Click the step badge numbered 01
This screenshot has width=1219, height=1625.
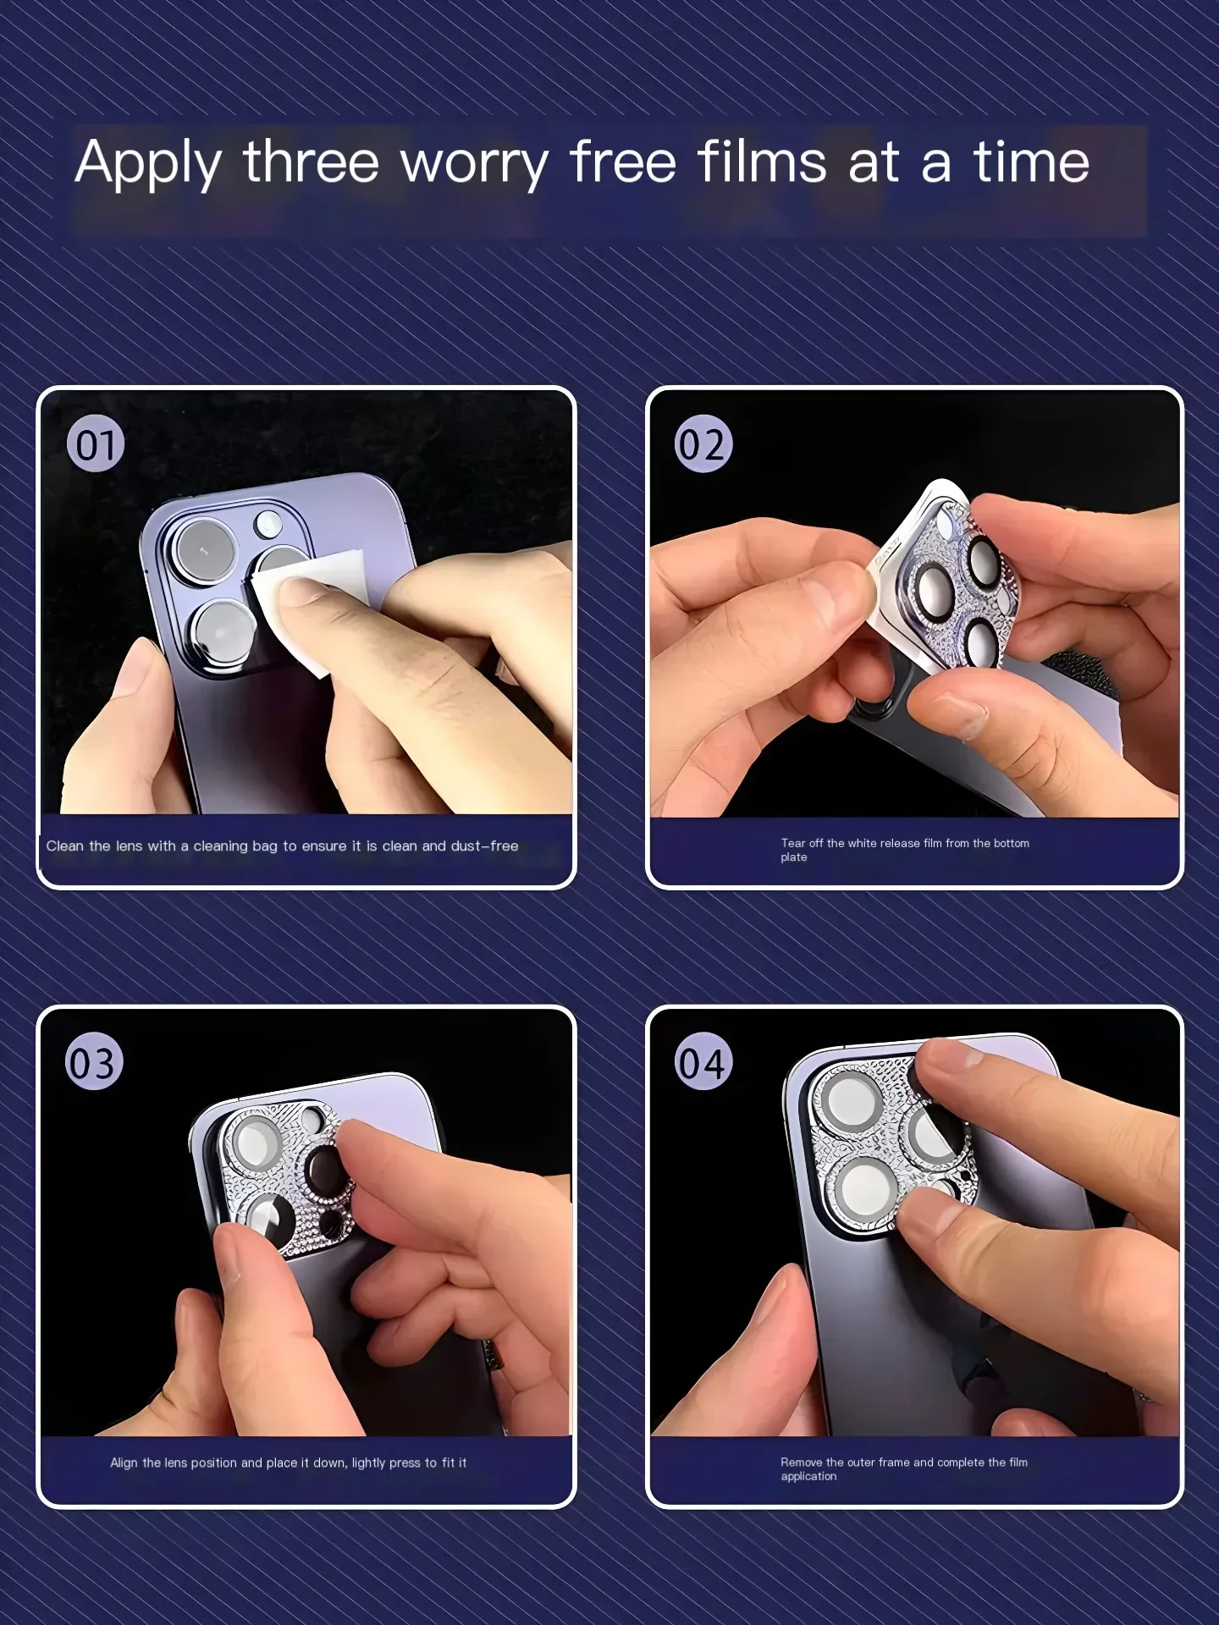pos(96,444)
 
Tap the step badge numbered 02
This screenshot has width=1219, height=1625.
pos(703,444)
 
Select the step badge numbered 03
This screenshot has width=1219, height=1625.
pos(95,1061)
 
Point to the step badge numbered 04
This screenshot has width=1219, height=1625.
pos(703,1061)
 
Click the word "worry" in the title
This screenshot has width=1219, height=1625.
pos(475,164)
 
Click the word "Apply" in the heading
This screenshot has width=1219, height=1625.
pos(149,164)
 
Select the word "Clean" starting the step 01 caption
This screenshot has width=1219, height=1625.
pos(65,846)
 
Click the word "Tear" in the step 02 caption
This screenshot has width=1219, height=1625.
pos(793,843)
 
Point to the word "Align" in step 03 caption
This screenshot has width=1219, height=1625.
pos(124,1462)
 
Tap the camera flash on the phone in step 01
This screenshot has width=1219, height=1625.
pos(269,522)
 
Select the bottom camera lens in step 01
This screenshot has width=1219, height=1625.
pos(223,633)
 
